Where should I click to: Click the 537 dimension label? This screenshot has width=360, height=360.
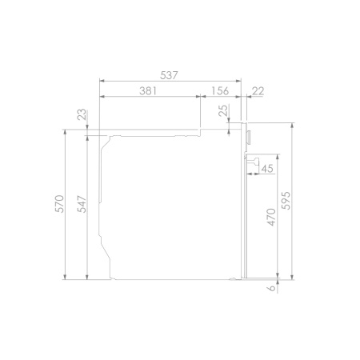click(169, 75)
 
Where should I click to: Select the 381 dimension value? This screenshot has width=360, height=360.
click(148, 91)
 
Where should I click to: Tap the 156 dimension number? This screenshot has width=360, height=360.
click(220, 91)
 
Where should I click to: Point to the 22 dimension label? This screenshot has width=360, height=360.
click(258, 91)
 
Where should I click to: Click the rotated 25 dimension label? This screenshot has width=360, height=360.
click(224, 110)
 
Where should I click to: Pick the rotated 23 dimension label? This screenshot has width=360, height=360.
click(82, 114)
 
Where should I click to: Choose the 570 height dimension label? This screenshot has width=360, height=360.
click(60, 204)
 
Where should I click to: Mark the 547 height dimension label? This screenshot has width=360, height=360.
click(82, 204)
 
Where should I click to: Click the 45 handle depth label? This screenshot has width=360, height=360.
click(267, 169)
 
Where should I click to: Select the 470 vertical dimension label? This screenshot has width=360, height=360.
click(271, 218)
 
